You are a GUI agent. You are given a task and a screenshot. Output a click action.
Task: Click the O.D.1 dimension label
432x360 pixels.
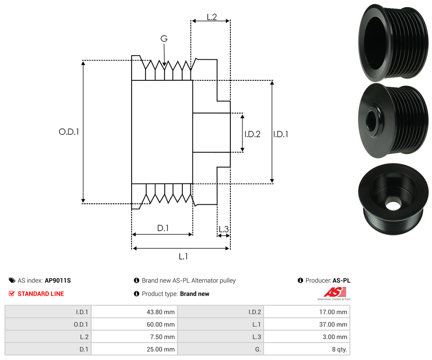click(69, 132)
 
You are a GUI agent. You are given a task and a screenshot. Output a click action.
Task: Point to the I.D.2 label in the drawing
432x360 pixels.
click(252, 134)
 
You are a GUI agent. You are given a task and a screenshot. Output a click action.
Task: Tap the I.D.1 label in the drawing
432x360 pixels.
click(281, 134)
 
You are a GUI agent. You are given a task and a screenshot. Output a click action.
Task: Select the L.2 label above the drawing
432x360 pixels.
click(212, 17)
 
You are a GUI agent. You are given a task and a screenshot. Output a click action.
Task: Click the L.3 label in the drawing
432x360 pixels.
click(223, 230)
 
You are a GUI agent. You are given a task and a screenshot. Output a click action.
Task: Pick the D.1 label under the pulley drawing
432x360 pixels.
click(163, 228)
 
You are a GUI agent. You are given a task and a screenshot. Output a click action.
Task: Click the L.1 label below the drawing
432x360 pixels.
click(183, 256)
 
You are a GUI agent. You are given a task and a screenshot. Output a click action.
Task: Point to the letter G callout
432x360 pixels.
click(164, 39)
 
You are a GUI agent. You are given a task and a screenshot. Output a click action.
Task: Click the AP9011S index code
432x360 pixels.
click(58, 281)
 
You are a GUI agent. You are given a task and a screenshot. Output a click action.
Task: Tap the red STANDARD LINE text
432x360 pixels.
click(40, 294)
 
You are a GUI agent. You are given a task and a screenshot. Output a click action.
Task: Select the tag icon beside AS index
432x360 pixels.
click(12, 281)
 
